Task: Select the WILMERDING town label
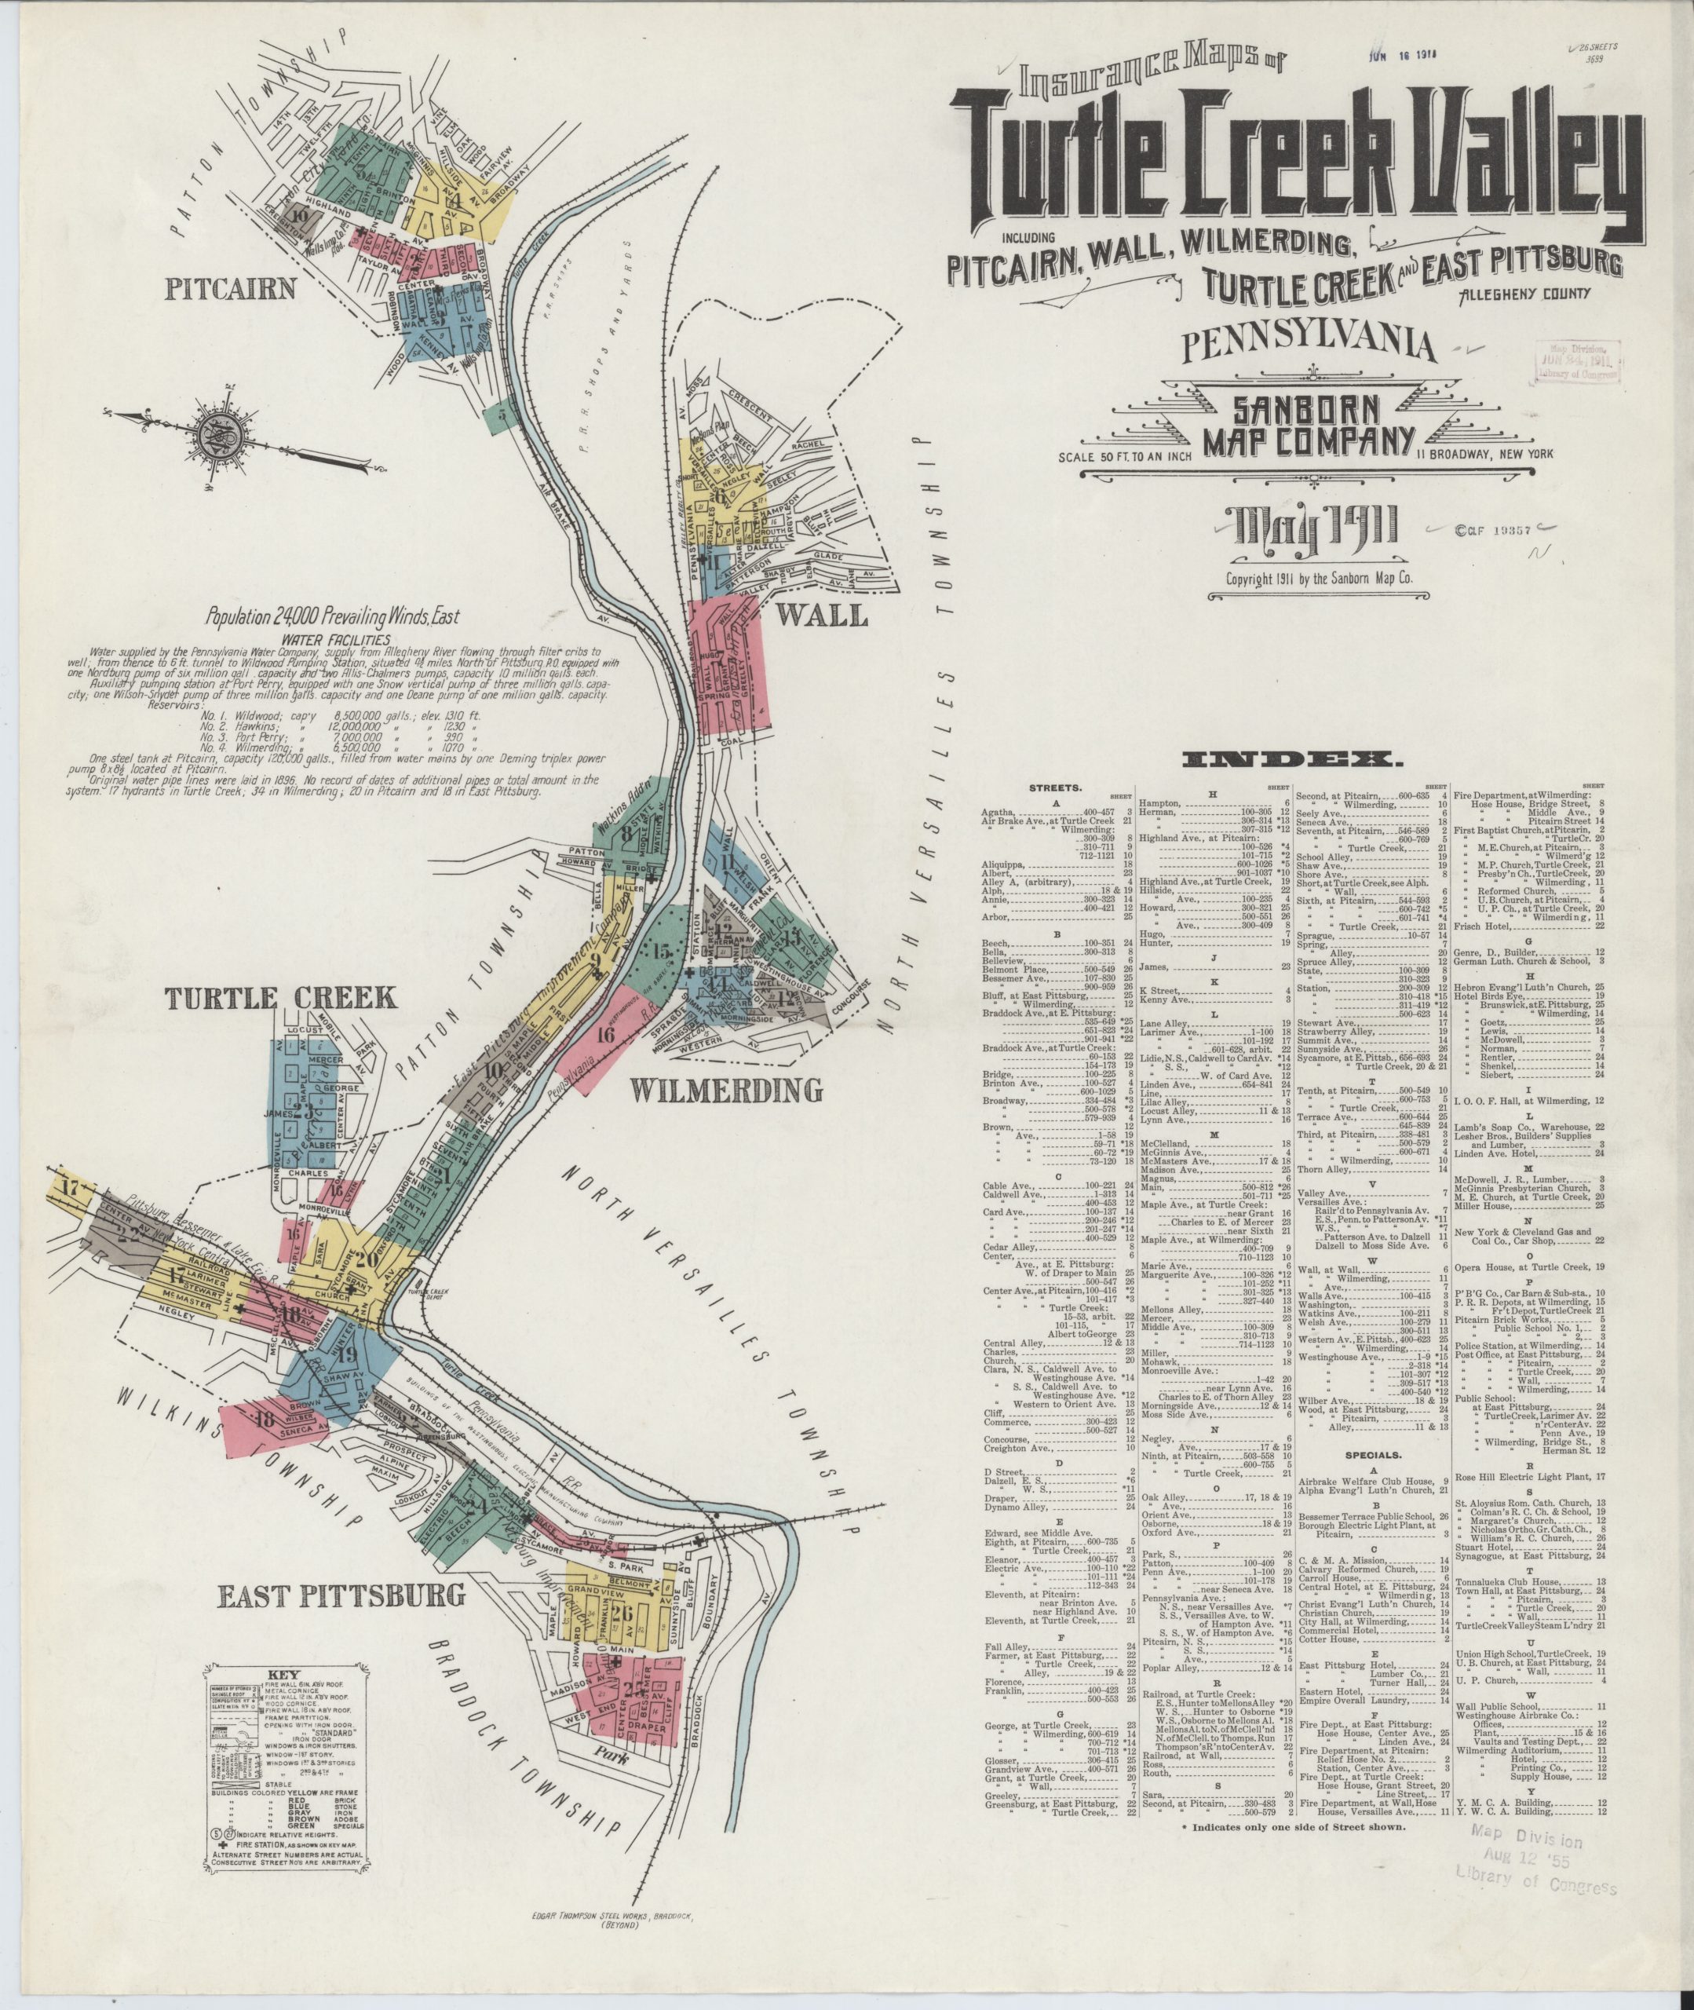click(x=726, y=1090)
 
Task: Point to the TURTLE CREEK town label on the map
click(x=280, y=998)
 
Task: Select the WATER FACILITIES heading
click(x=330, y=638)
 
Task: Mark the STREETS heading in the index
click(x=1054, y=791)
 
